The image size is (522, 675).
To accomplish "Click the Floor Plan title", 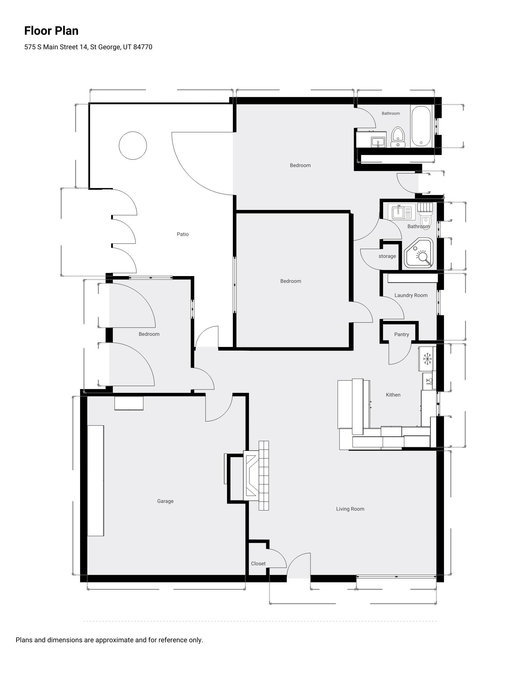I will pos(51,31).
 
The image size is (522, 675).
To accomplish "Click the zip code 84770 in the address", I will pos(143,47).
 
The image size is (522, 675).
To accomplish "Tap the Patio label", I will pos(182,234).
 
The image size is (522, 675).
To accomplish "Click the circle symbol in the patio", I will pos(133,145).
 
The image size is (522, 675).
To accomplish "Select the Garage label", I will pos(165,501).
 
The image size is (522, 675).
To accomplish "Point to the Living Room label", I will pos(350,509).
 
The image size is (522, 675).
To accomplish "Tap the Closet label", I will pos(258,564).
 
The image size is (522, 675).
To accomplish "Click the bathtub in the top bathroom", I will pos(421,126).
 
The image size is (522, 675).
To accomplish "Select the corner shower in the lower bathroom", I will pos(419,253).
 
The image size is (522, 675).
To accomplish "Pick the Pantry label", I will pos(401,334).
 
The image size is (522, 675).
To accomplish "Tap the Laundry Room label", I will pos(411,295).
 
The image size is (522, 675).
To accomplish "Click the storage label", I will pos(387,256).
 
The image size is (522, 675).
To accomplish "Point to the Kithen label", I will pos(393,395).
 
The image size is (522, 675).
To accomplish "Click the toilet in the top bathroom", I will pos(398,137).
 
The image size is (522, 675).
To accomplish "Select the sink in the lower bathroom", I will pos(399,212).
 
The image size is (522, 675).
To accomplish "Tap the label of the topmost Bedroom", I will pos(300,165).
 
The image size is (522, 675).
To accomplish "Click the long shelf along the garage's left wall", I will pos(96,481).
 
